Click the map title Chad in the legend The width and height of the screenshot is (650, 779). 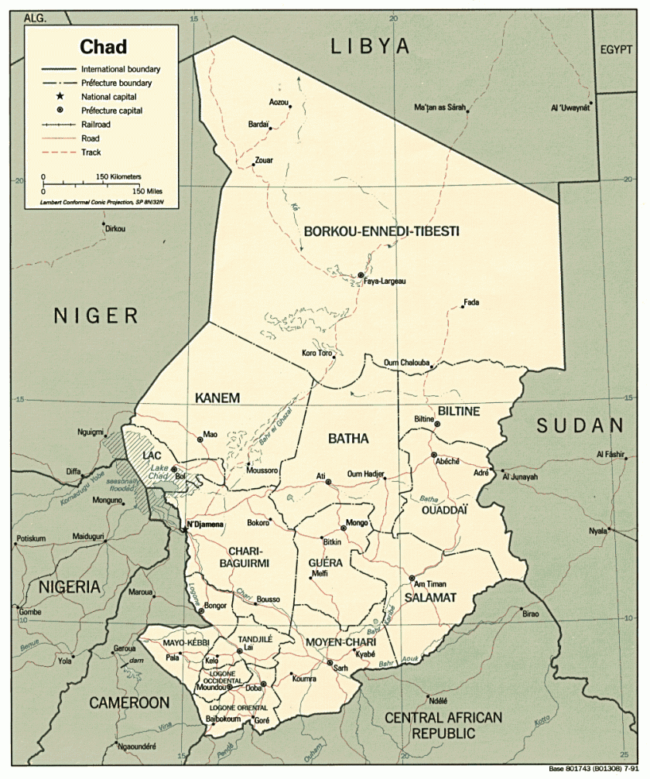click(103, 46)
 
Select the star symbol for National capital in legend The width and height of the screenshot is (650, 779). click(59, 97)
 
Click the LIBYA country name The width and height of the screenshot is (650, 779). click(370, 47)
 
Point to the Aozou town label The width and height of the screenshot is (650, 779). click(278, 102)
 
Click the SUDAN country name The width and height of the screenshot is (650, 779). click(580, 425)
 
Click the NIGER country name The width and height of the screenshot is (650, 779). click(96, 315)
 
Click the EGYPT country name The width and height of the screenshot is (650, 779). click(617, 50)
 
